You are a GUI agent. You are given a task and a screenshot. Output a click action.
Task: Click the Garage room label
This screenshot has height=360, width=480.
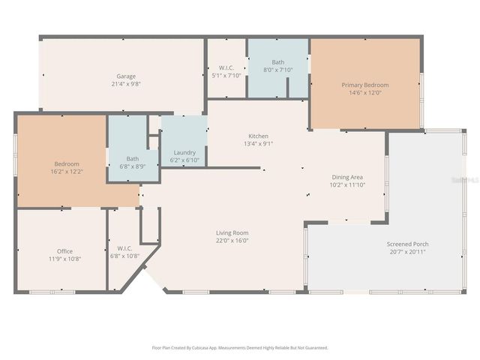pos(125,76)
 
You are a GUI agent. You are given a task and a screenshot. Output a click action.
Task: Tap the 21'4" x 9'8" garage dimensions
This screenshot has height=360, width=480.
pos(125,84)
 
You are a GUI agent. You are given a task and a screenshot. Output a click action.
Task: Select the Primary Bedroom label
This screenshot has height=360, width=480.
pos(365,85)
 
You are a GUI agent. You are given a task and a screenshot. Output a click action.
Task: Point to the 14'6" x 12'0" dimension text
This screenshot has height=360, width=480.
pos(365,93)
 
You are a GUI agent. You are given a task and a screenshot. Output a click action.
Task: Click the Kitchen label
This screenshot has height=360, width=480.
pos(258,136)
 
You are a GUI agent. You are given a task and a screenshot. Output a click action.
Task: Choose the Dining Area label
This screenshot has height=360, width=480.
pos(347,176)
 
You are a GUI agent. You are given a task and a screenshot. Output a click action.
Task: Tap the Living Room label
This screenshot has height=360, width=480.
pos(232,232)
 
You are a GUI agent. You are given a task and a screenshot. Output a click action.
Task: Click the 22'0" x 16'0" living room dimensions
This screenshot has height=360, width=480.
pos(232,241)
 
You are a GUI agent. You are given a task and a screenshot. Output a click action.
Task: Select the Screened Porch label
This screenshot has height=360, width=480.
pos(407,244)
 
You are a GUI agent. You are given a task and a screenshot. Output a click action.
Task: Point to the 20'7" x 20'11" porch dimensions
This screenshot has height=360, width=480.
pos(407,252)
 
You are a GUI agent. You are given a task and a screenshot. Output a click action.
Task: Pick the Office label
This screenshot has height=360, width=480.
pos(65,250)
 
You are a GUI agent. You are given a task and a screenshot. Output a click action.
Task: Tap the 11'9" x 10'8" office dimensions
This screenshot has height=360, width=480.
pos(65,259)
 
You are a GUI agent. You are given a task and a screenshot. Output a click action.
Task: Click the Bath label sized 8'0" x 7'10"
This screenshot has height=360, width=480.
pos(278,62)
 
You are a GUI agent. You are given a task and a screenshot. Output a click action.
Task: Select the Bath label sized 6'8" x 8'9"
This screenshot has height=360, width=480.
pos(133,158)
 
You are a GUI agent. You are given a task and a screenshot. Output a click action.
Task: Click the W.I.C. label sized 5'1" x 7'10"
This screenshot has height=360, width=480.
pos(226,67)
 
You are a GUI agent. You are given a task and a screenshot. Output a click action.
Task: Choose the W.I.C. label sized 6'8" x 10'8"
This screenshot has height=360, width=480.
pos(124,248)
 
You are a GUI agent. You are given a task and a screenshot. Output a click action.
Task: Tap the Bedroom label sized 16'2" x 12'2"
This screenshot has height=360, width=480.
pos(66,163)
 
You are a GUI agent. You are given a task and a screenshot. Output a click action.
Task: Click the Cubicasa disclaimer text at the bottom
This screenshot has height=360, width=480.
pos(240,348)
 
